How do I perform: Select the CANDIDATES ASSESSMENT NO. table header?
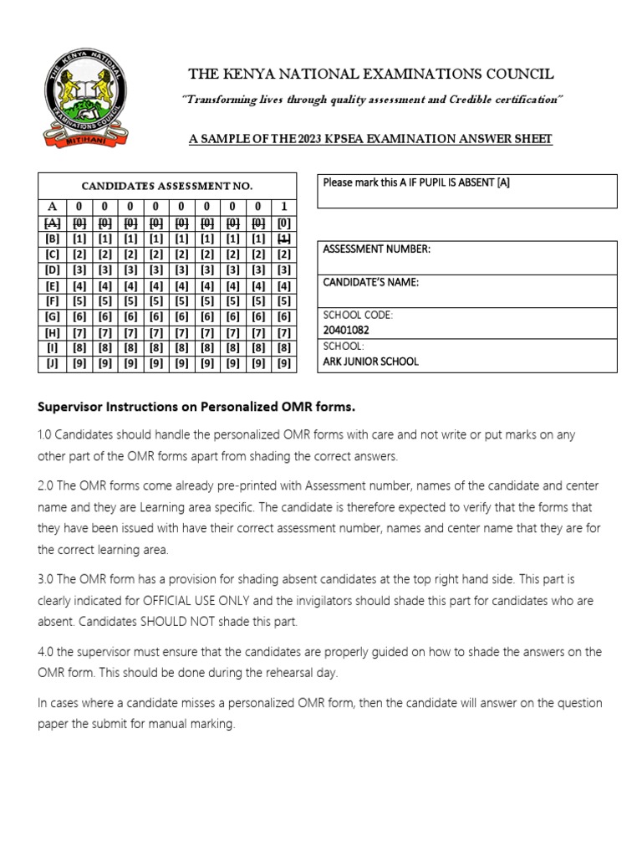[166, 186]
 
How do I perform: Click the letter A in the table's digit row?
[52, 206]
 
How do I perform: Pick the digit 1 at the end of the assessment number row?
[284, 206]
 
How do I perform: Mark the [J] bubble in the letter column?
[52, 363]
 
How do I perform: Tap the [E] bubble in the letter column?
[52, 285]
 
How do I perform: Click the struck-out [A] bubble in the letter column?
[52, 222]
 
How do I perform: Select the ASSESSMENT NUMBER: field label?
[376, 249]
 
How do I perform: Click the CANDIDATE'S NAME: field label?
[371, 282]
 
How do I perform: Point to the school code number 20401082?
[346, 330]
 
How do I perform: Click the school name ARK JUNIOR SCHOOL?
[370, 362]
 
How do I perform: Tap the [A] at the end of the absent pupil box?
[502, 182]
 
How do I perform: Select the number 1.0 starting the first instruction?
[46, 435]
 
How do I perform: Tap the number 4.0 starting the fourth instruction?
[47, 652]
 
